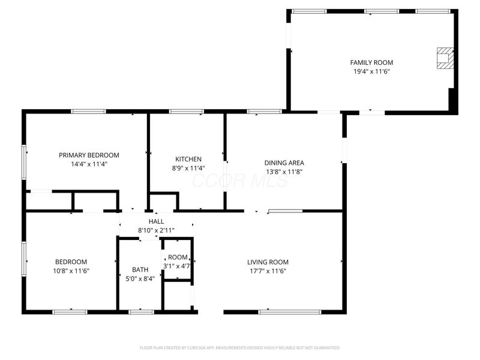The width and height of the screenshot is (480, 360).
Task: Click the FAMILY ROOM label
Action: point(371,62)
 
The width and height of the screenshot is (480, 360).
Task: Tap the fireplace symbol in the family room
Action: point(445,58)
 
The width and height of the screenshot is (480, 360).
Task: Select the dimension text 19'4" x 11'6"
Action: point(371,71)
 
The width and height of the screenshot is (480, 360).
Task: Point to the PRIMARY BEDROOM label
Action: point(89,155)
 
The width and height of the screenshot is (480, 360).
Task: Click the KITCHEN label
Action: point(188,159)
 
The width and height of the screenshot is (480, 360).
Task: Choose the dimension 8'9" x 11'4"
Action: point(188,168)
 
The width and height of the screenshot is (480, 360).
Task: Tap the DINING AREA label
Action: point(284,163)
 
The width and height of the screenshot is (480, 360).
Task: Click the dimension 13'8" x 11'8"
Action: point(284,172)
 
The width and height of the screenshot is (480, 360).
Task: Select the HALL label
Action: point(156,221)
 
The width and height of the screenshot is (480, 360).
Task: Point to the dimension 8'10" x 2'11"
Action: point(156,230)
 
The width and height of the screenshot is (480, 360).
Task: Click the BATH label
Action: point(140,269)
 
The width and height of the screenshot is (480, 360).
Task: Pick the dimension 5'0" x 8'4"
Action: point(140,278)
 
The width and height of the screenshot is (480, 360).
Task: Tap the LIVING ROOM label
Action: point(268,262)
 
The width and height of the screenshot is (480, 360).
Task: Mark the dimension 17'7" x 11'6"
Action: point(268,271)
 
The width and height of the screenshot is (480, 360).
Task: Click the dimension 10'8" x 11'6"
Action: point(71,271)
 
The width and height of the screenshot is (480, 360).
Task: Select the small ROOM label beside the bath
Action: point(178,257)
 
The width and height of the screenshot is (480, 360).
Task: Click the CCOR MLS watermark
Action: point(240,181)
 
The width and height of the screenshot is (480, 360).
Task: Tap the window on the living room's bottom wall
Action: point(290,312)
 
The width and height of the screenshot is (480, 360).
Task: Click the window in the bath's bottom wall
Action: point(141,312)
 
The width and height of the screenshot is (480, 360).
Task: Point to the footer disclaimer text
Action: point(239,348)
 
